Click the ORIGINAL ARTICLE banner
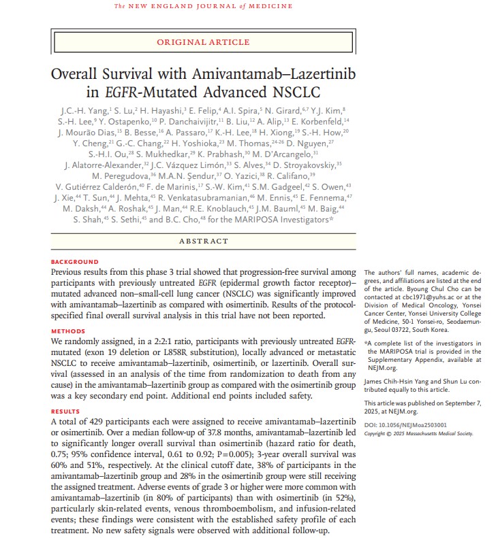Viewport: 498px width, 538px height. tap(203, 41)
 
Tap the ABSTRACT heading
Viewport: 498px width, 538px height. tap(203, 241)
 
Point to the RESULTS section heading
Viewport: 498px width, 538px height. tap(65, 412)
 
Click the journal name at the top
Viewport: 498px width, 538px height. tap(204, 7)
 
